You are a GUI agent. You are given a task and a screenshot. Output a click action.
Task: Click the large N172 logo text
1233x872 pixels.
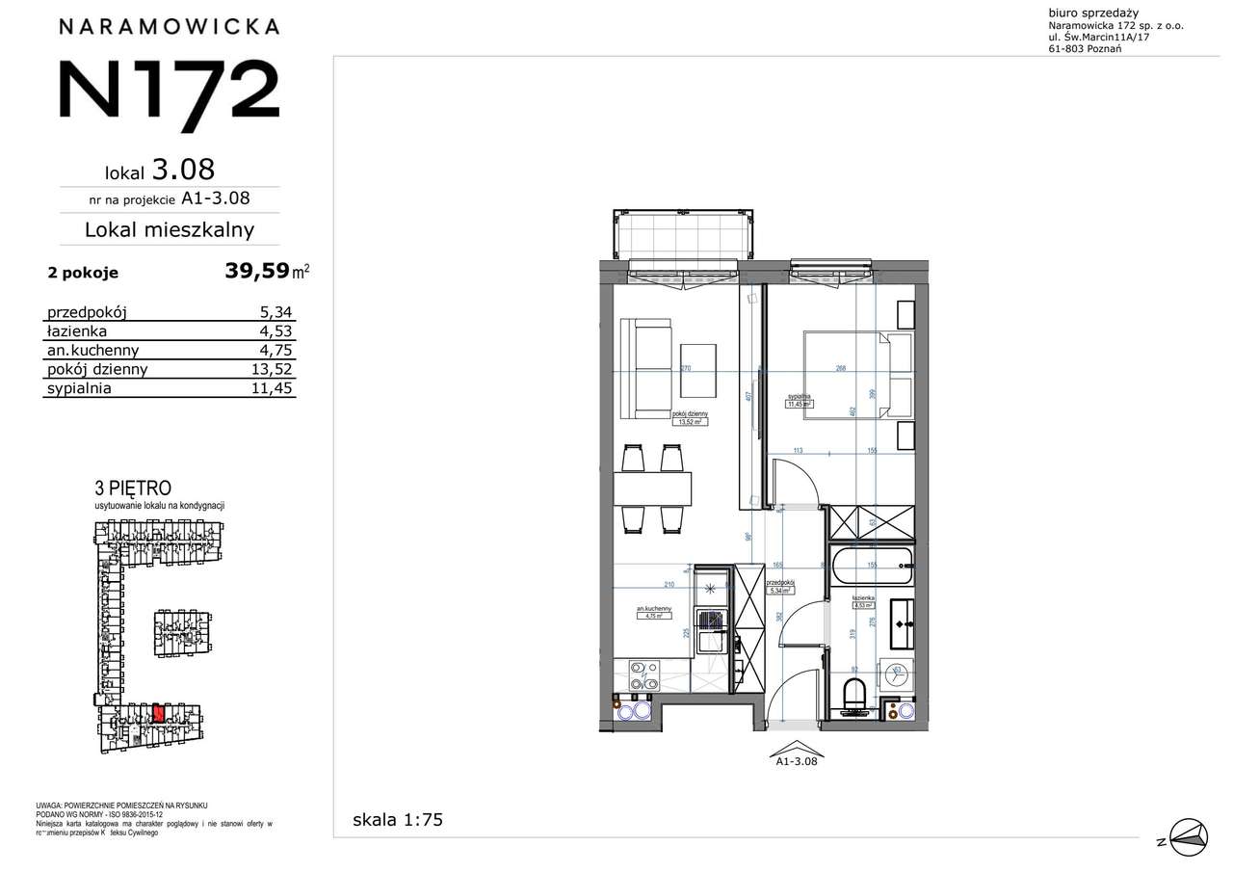pyautogui.click(x=169, y=89)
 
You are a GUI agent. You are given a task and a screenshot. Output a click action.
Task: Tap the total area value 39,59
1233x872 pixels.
pyautogui.click(x=257, y=271)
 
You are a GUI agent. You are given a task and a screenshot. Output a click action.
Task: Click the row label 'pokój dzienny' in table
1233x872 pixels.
pyautogui.click(x=97, y=369)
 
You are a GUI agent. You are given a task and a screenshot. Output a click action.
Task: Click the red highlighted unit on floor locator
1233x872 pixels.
pyautogui.click(x=158, y=714)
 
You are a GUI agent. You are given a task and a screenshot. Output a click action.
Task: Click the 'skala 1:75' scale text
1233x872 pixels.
pyautogui.click(x=398, y=820)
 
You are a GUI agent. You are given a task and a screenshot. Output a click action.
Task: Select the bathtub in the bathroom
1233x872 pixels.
pyautogui.click(x=870, y=565)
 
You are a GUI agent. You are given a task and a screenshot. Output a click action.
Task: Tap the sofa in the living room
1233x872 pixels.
pyautogui.click(x=643, y=369)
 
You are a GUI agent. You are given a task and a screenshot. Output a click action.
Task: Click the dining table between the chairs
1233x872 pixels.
pyautogui.click(x=652, y=489)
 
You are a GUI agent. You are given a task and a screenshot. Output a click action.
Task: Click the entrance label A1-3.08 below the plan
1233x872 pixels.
pyautogui.click(x=796, y=760)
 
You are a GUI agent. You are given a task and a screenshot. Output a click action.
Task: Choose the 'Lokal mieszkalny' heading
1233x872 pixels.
pyautogui.click(x=170, y=229)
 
